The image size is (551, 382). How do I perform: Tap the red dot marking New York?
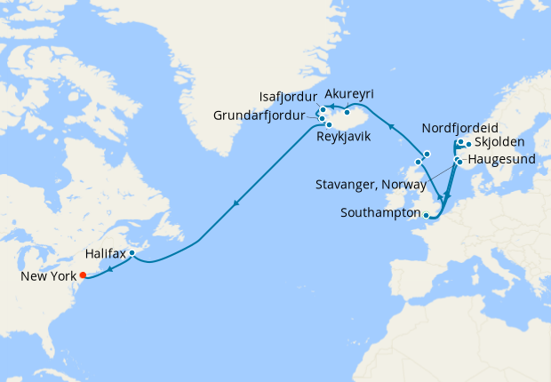[x=83, y=275]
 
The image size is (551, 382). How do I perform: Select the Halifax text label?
[x=106, y=254]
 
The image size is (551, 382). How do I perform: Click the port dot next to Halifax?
[x=132, y=253]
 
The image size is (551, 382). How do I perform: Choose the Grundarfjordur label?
[x=263, y=115]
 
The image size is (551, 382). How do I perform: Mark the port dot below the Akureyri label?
[x=347, y=113]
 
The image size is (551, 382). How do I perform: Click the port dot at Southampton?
[x=426, y=215]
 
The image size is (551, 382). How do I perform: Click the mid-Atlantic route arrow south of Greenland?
[x=235, y=204]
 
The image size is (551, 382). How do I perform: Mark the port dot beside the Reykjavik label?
[x=330, y=124]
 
